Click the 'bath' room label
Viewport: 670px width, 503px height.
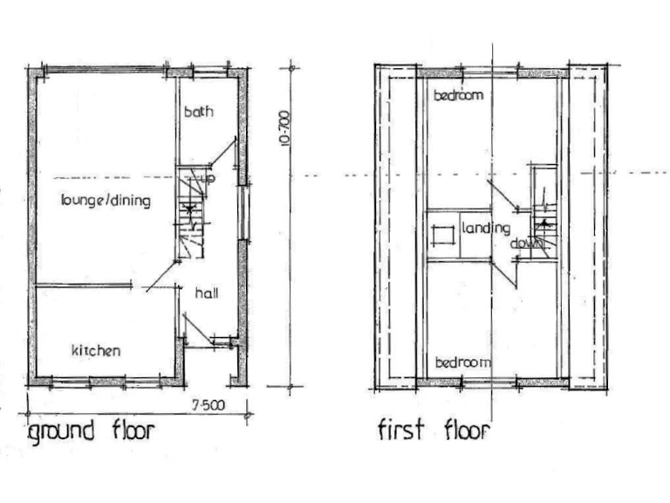coord(199,112)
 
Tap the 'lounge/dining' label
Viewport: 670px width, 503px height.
coord(106,201)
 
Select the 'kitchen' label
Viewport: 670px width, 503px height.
coord(95,351)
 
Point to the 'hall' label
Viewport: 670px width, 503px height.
coord(206,293)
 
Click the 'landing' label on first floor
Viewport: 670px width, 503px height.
coord(486,229)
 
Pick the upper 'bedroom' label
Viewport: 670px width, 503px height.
coord(459,95)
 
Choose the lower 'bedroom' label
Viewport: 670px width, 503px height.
coord(461,362)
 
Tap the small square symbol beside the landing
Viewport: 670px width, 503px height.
coord(442,235)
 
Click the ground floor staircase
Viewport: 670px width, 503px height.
coord(191,214)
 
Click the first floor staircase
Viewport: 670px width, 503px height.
coord(544,218)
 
